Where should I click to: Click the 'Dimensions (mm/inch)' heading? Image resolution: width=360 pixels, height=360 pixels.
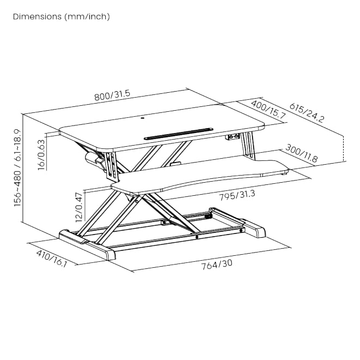[61, 16]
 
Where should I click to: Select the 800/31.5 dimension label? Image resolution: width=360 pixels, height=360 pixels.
[112, 95]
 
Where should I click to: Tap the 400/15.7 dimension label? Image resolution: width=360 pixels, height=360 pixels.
[268, 109]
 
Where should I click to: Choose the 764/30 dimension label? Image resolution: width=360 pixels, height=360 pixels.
[217, 265]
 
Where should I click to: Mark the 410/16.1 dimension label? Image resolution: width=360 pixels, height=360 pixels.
[51, 259]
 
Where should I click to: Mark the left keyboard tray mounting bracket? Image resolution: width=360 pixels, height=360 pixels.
[112, 167]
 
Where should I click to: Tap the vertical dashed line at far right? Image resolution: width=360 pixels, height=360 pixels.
[344, 148]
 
